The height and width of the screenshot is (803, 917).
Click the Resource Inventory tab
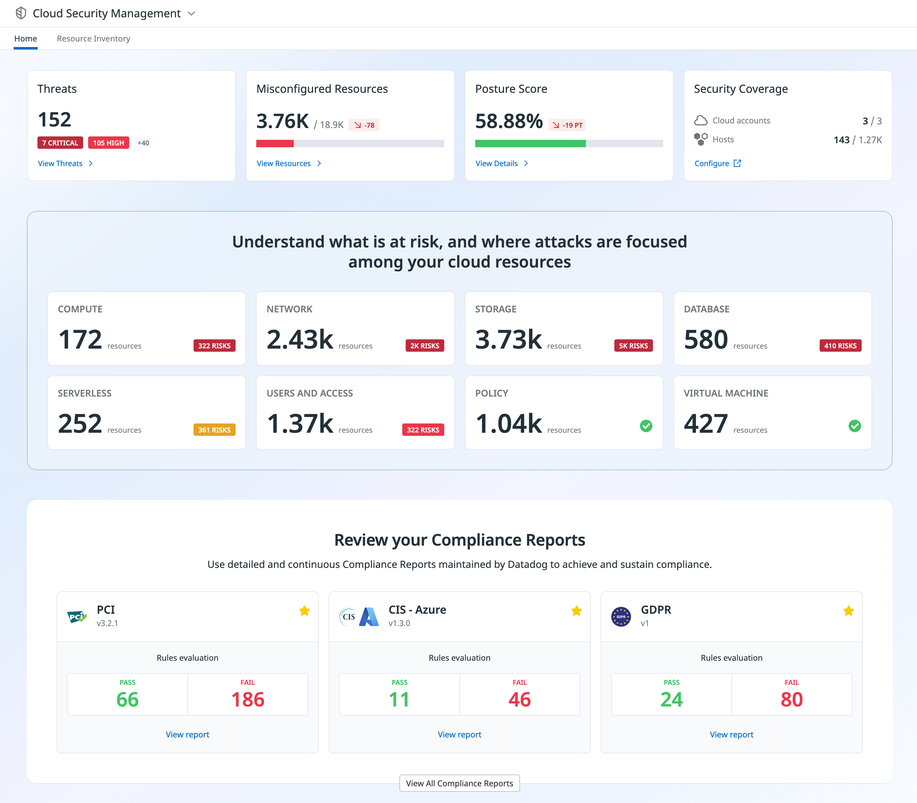pyautogui.click(x=93, y=39)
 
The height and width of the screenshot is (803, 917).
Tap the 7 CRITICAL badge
pyautogui.click(x=60, y=143)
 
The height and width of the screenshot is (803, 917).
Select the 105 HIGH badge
pyautogui.click(x=109, y=143)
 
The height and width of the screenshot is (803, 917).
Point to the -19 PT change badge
pyautogui.click(x=567, y=125)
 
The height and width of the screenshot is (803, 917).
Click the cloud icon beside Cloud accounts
pyautogui.click(x=701, y=121)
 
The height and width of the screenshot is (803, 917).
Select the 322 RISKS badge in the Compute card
pyautogui.click(x=214, y=346)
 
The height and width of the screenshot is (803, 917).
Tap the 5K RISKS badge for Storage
pyautogui.click(x=633, y=346)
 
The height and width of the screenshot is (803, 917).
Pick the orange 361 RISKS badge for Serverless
pyautogui.click(x=214, y=430)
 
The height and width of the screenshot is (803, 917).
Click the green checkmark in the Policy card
pyautogui.click(x=646, y=426)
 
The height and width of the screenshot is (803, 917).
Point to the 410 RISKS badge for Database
pyautogui.click(x=840, y=346)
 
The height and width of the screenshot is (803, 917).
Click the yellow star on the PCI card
pyautogui.click(x=304, y=611)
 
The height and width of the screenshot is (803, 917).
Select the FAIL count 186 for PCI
pyautogui.click(x=248, y=699)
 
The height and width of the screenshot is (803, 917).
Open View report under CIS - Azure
pyautogui.click(x=459, y=734)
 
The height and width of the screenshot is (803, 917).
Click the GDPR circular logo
pyautogui.click(x=621, y=616)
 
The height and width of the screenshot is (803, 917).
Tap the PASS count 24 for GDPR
pyautogui.click(x=671, y=699)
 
